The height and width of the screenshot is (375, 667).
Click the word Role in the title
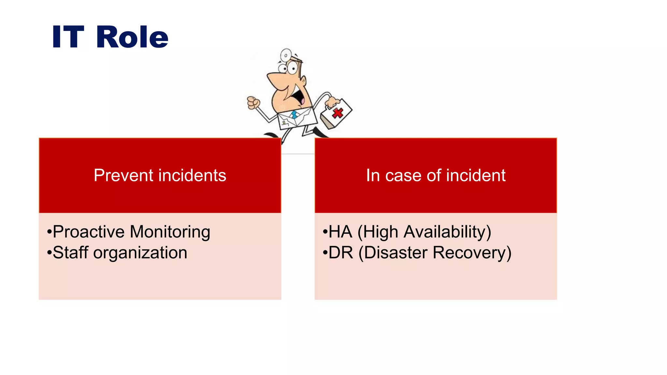tap(132, 37)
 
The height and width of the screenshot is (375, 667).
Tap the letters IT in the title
tap(68, 37)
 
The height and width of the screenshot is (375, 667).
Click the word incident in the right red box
tap(476, 175)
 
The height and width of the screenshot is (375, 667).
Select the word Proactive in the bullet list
tap(89, 232)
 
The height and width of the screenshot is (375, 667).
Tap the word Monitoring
tap(170, 232)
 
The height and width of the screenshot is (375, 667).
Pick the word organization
tap(140, 253)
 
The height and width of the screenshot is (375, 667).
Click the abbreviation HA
tap(340, 232)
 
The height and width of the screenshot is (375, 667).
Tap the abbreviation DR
tap(341, 253)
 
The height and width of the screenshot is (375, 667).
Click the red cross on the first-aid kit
tap(338, 113)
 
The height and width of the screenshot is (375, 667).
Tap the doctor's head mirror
tap(286, 55)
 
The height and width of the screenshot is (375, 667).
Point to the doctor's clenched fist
tap(253, 103)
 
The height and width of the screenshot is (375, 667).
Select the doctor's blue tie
tap(294, 115)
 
